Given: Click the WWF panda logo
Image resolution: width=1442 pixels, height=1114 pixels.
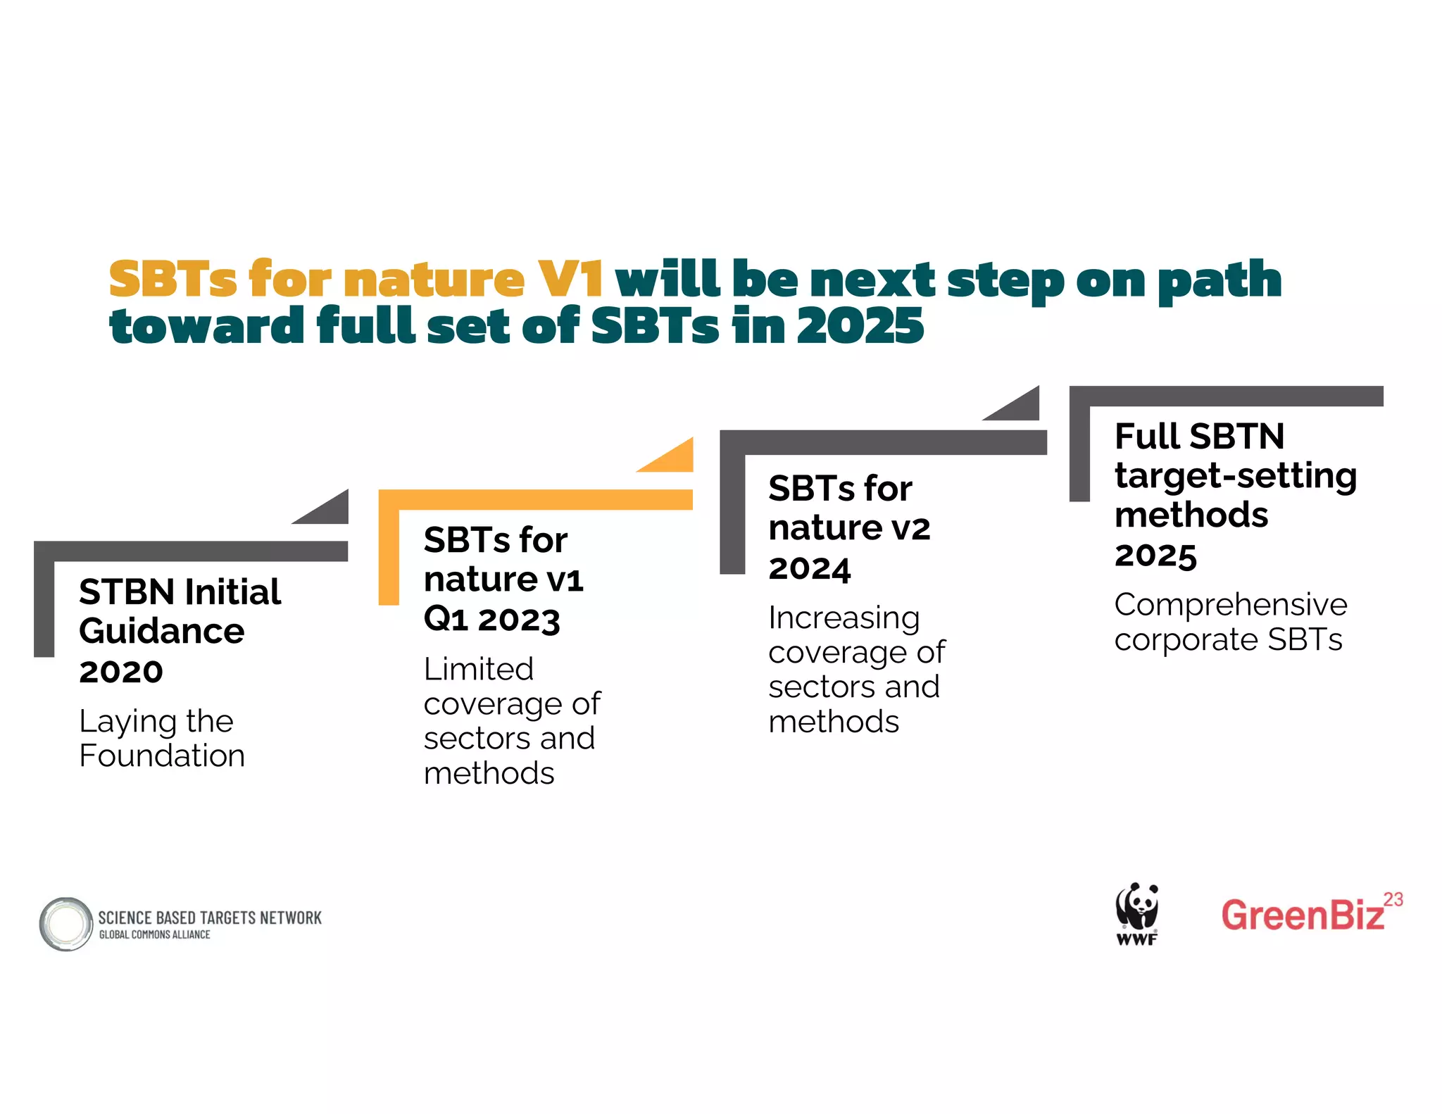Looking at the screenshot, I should click(x=1136, y=913).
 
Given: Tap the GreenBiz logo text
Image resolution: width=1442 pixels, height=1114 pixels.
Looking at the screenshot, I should click(x=1303, y=915).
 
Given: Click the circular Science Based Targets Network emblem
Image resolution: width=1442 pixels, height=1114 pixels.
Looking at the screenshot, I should click(x=66, y=924).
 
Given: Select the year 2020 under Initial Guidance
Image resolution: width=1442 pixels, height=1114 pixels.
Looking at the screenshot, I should click(x=121, y=672).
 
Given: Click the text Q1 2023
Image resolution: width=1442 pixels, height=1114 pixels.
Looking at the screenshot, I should click(x=491, y=620).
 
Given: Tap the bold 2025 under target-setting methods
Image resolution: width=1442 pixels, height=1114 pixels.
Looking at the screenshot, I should click(x=1155, y=556).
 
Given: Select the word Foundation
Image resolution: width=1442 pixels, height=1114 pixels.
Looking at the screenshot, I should click(x=162, y=756).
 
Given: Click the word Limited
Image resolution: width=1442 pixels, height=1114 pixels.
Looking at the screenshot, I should click(x=479, y=669).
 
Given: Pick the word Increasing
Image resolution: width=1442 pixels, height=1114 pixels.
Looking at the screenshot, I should click(x=844, y=618).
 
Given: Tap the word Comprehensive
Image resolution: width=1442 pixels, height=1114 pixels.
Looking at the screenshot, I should click(x=1231, y=604).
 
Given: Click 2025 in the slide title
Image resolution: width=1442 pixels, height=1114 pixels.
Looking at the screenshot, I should click(x=860, y=326).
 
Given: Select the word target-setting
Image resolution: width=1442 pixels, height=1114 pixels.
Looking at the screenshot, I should click(x=1236, y=476).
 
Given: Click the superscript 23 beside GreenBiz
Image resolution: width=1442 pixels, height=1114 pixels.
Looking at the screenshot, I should click(x=1393, y=899).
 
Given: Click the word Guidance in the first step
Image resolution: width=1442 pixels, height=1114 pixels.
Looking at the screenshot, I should click(x=162, y=631).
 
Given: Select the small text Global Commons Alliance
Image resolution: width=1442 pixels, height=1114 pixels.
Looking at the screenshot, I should click(x=154, y=934).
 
